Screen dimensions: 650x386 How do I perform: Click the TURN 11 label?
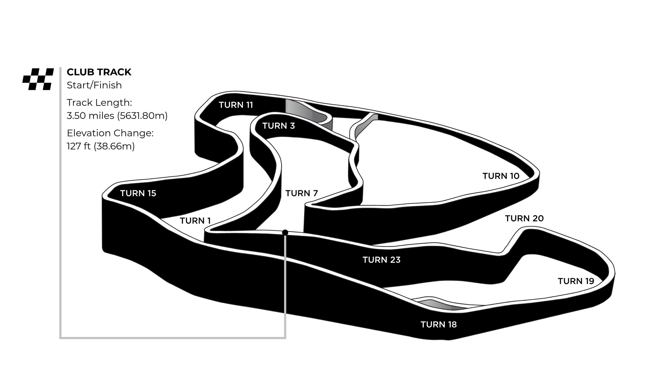(236, 105)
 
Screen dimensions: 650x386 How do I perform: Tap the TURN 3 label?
(278, 126)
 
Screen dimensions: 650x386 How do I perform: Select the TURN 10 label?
(501, 176)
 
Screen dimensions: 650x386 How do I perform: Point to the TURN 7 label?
(301, 193)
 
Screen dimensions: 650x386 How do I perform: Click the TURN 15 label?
(138, 193)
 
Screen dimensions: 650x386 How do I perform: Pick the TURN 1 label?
(195, 221)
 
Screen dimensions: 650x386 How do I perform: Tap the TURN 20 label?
(524, 219)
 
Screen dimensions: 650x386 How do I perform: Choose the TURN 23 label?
(381, 260)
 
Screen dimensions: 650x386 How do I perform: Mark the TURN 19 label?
(576, 281)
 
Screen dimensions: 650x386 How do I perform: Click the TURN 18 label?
(439, 325)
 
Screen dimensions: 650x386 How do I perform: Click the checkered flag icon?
(38, 79)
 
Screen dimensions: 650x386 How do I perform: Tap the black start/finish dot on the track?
(285, 233)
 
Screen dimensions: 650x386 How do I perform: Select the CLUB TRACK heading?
(99, 72)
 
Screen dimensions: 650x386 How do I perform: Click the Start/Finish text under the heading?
(94, 85)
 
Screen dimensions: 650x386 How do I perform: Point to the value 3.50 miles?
(90, 116)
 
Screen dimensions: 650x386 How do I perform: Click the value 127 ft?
(79, 146)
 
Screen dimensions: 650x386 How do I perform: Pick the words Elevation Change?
(110, 133)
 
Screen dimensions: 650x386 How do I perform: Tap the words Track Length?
(99, 103)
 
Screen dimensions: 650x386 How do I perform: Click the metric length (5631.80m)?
(142, 116)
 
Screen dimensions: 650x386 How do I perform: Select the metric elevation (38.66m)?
(114, 146)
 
